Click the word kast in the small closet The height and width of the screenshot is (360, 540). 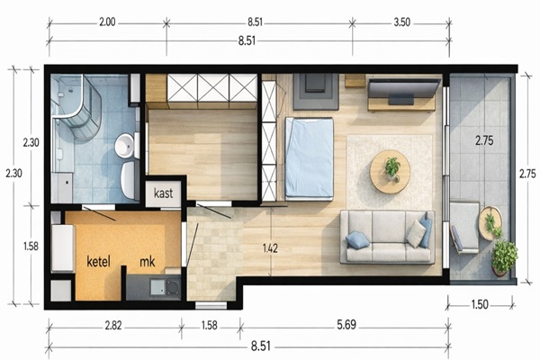point(163,193)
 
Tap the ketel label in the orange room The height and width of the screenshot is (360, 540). point(98,262)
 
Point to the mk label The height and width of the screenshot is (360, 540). point(148,262)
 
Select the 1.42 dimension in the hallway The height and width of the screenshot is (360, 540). point(270,248)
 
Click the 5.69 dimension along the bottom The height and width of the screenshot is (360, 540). point(346,325)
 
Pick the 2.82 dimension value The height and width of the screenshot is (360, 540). point(113,325)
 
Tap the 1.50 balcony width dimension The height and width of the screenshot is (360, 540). point(480,304)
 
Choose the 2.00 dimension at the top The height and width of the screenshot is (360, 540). point(107,22)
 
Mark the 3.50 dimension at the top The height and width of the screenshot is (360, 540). point(402,22)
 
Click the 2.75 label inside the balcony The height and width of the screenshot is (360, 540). point(484,140)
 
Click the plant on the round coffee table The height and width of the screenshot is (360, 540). point(392,168)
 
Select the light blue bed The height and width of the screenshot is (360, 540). point(309,158)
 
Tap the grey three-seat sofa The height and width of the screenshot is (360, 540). point(387,237)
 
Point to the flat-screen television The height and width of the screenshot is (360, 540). point(404,90)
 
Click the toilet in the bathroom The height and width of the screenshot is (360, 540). point(128,179)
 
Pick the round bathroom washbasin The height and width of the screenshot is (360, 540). point(125,146)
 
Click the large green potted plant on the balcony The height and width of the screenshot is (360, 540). point(504,256)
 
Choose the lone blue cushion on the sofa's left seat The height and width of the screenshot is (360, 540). point(358,239)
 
